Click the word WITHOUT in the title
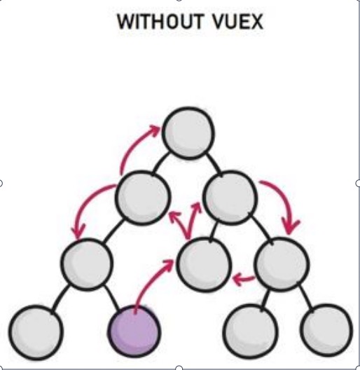(x=160, y=22)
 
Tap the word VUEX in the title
(x=237, y=22)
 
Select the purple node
(x=134, y=331)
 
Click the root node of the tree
(x=188, y=133)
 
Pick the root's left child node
(x=142, y=198)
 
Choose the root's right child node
(x=230, y=198)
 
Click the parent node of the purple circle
(x=87, y=264)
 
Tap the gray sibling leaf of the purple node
(x=36, y=332)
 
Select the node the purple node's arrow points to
(x=204, y=265)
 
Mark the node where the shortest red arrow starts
(x=282, y=264)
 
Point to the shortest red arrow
(x=244, y=279)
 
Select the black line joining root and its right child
(x=214, y=165)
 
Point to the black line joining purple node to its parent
(x=112, y=298)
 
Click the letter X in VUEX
(x=256, y=22)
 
